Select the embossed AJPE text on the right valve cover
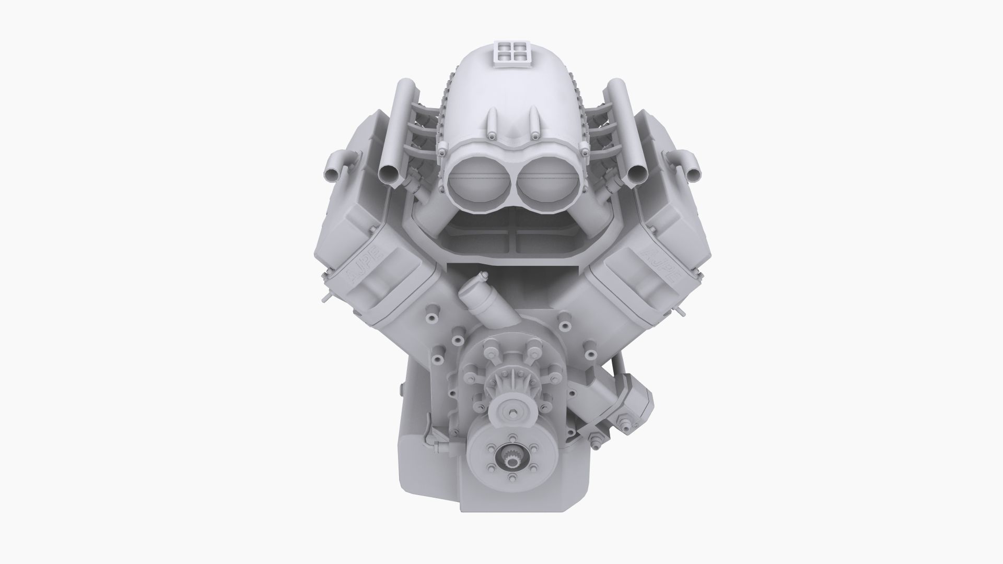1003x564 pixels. tap(659, 263)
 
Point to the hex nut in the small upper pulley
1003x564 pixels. tap(515, 415)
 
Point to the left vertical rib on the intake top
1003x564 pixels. tap(492, 122)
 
